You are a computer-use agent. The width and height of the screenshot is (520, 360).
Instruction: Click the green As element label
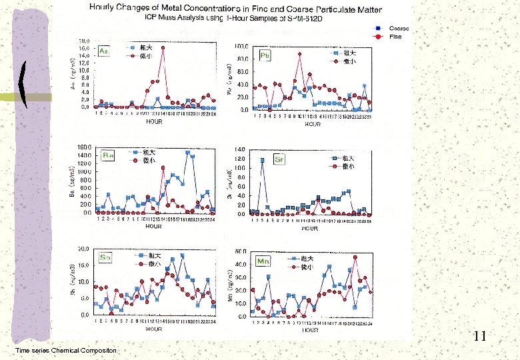click(x=103, y=51)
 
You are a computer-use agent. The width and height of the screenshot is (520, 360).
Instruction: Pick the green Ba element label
click(x=108, y=155)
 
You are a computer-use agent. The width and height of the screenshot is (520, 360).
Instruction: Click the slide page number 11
click(x=480, y=337)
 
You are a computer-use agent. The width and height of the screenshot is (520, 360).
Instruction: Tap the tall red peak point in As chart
click(x=163, y=47)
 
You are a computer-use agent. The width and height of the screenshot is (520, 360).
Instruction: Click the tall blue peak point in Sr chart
click(x=263, y=160)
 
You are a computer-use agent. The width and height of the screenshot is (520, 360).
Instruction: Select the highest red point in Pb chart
click(x=299, y=54)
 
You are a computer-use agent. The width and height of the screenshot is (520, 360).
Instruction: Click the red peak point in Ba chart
click(x=163, y=168)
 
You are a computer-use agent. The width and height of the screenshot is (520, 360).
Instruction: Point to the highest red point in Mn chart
click(x=355, y=257)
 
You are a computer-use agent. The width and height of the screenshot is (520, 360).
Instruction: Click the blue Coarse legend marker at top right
click(x=377, y=29)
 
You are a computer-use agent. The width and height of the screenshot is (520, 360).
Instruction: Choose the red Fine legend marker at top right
click(x=377, y=37)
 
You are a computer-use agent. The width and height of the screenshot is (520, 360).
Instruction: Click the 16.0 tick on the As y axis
click(x=84, y=48)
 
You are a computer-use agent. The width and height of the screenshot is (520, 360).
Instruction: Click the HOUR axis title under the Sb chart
click(x=154, y=329)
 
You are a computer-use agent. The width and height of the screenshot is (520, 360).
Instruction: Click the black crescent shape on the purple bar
click(x=24, y=84)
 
